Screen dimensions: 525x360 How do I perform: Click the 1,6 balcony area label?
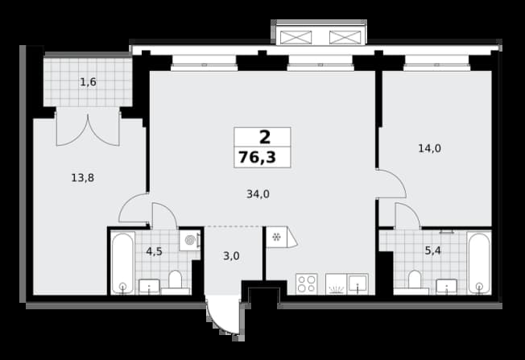click(x=89, y=82)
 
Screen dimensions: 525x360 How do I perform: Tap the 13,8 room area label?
click(x=83, y=178)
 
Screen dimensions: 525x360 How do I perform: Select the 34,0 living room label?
click(x=258, y=194)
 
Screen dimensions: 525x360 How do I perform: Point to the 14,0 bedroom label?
click(x=429, y=148)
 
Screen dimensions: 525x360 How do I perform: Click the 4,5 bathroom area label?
click(x=154, y=251)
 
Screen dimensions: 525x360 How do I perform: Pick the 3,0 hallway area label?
click(x=231, y=256)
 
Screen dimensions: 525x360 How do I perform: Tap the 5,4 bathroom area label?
click(x=433, y=250)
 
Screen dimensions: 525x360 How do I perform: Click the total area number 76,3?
click(x=257, y=157)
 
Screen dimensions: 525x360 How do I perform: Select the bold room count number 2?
click(x=265, y=137)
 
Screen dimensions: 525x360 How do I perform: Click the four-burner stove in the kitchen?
click(x=306, y=284)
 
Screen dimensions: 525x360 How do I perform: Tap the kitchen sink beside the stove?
click(x=358, y=283)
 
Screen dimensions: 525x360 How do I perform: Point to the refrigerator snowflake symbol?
click(x=276, y=238)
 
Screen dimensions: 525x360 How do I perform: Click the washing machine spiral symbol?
click(x=190, y=241)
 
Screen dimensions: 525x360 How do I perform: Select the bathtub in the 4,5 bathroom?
click(x=123, y=263)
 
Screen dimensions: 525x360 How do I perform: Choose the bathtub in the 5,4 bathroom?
click(x=479, y=263)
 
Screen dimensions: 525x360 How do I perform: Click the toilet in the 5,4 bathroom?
click(x=415, y=281)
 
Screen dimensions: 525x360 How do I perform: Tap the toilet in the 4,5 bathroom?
click(x=175, y=282)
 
